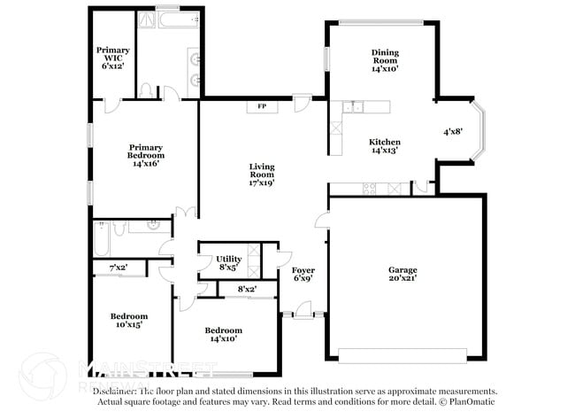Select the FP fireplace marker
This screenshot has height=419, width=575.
(x=262, y=107)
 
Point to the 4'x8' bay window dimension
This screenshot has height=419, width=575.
(x=453, y=132)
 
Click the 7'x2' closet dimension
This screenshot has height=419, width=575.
(x=119, y=268)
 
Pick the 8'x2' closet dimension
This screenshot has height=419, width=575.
(x=247, y=289)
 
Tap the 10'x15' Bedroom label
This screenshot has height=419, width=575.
(x=128, y=320)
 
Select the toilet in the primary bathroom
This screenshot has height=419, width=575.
(x=148, y=90)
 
